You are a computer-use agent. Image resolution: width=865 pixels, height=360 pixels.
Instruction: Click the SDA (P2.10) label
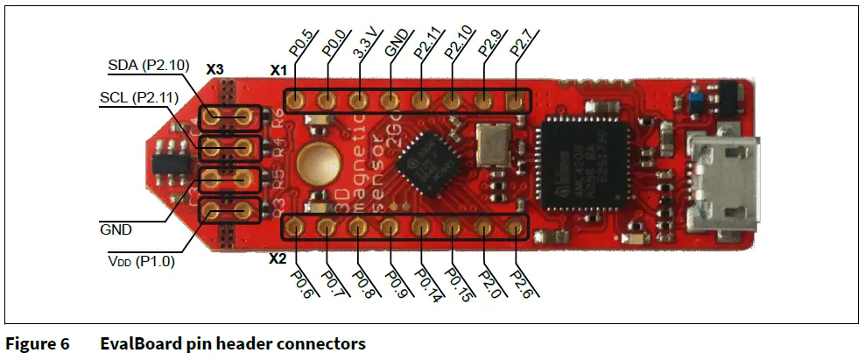click(144, 66)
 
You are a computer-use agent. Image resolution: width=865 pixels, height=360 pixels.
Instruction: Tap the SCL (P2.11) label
click(138, 98)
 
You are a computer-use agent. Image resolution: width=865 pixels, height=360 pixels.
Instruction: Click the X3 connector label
click(215, 67)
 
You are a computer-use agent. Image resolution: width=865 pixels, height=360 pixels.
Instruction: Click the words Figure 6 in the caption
click(39, 343)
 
